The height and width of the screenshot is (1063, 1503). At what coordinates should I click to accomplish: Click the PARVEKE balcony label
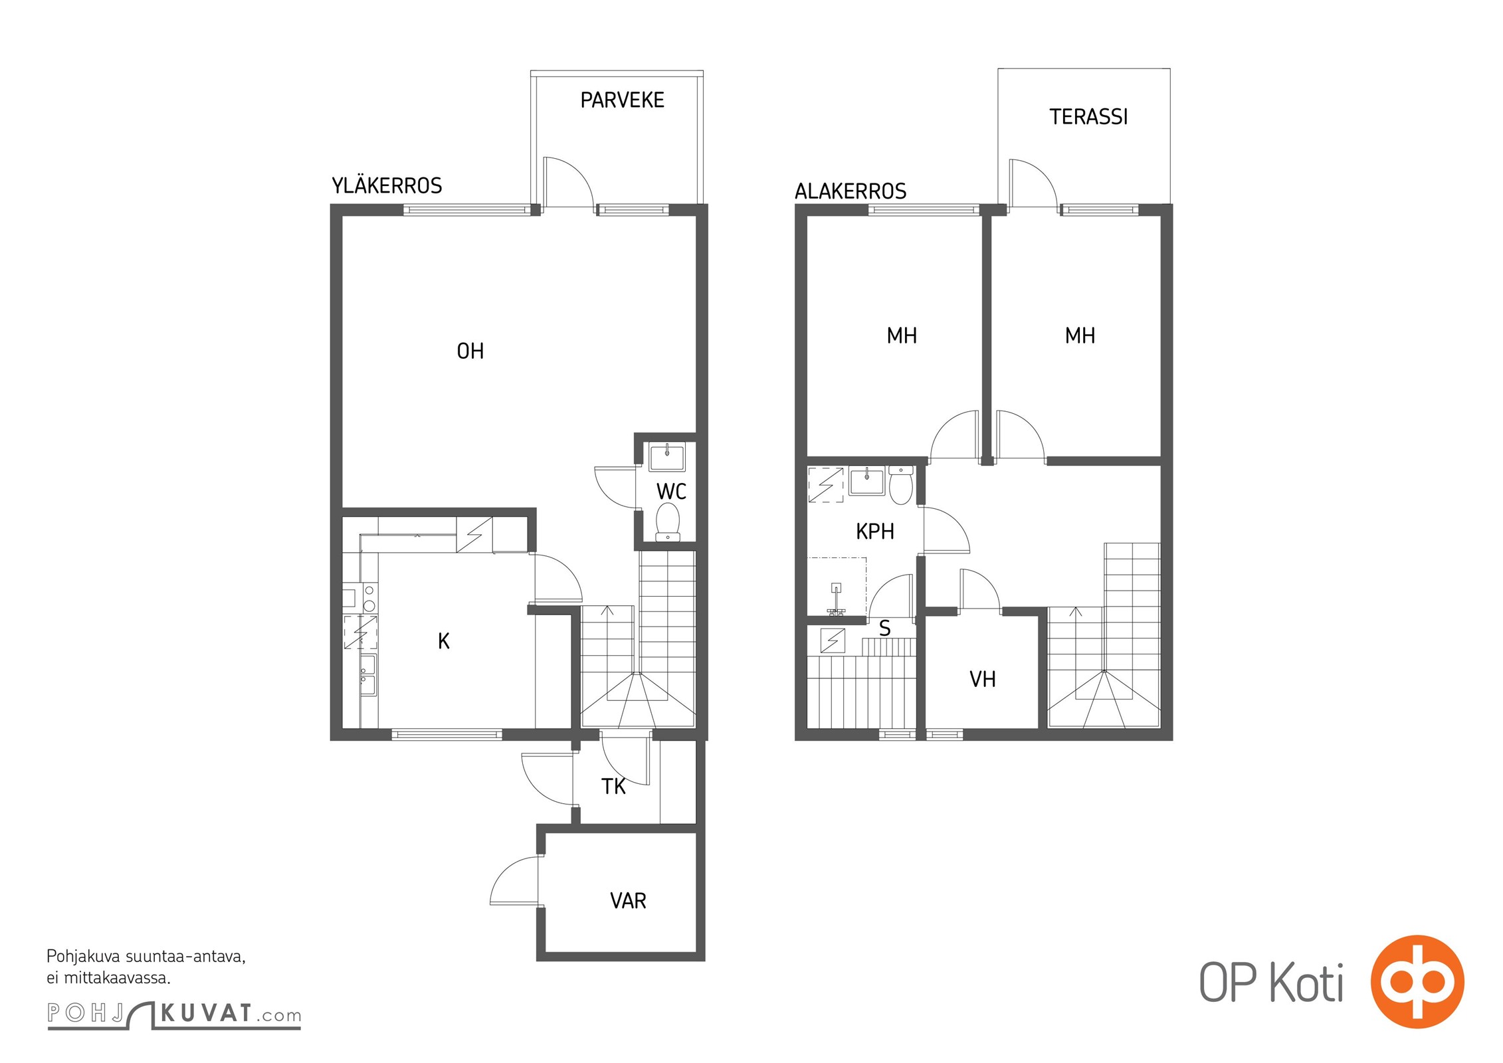pyautogui.click(x=622, y=100)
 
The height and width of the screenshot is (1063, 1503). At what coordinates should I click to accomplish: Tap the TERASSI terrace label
pyautogui.click(x=1088, y=117)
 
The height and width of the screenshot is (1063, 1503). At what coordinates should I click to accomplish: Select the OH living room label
pyautogui.click(x=470, y=351)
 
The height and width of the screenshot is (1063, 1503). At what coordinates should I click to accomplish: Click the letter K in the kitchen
pyautogui.click(x=444, y=641)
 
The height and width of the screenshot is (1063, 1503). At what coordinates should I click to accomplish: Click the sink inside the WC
pyautogui.click(x=666, y=458)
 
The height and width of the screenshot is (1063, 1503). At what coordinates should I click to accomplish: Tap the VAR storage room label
pyautogui.click(x=628, y=901)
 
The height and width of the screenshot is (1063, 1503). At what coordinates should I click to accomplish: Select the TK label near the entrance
pyautogui.click(x=613, y=787)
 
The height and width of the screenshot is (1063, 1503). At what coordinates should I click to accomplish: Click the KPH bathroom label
pyautogui.click(x=874, y=531)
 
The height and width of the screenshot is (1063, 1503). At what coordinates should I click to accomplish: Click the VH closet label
pyautogui.click(x=982, y=679)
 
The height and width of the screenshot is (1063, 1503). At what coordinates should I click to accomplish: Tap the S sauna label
pyautogui.click(x=884, y=628)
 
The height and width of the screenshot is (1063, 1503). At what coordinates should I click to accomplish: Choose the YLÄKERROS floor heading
pyautogui.click(x=387, y=185)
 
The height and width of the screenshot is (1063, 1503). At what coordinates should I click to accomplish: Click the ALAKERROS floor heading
pyautogui.click(x=851, y=191)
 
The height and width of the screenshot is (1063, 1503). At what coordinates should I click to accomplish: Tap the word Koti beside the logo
pyautogui.click(x=1306, y=983)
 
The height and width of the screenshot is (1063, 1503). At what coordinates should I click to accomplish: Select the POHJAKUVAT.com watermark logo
pyautogui.click(x=174, y=1014)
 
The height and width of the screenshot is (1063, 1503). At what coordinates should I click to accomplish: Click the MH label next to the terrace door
pyautogui.click(x=1080, y=336)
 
